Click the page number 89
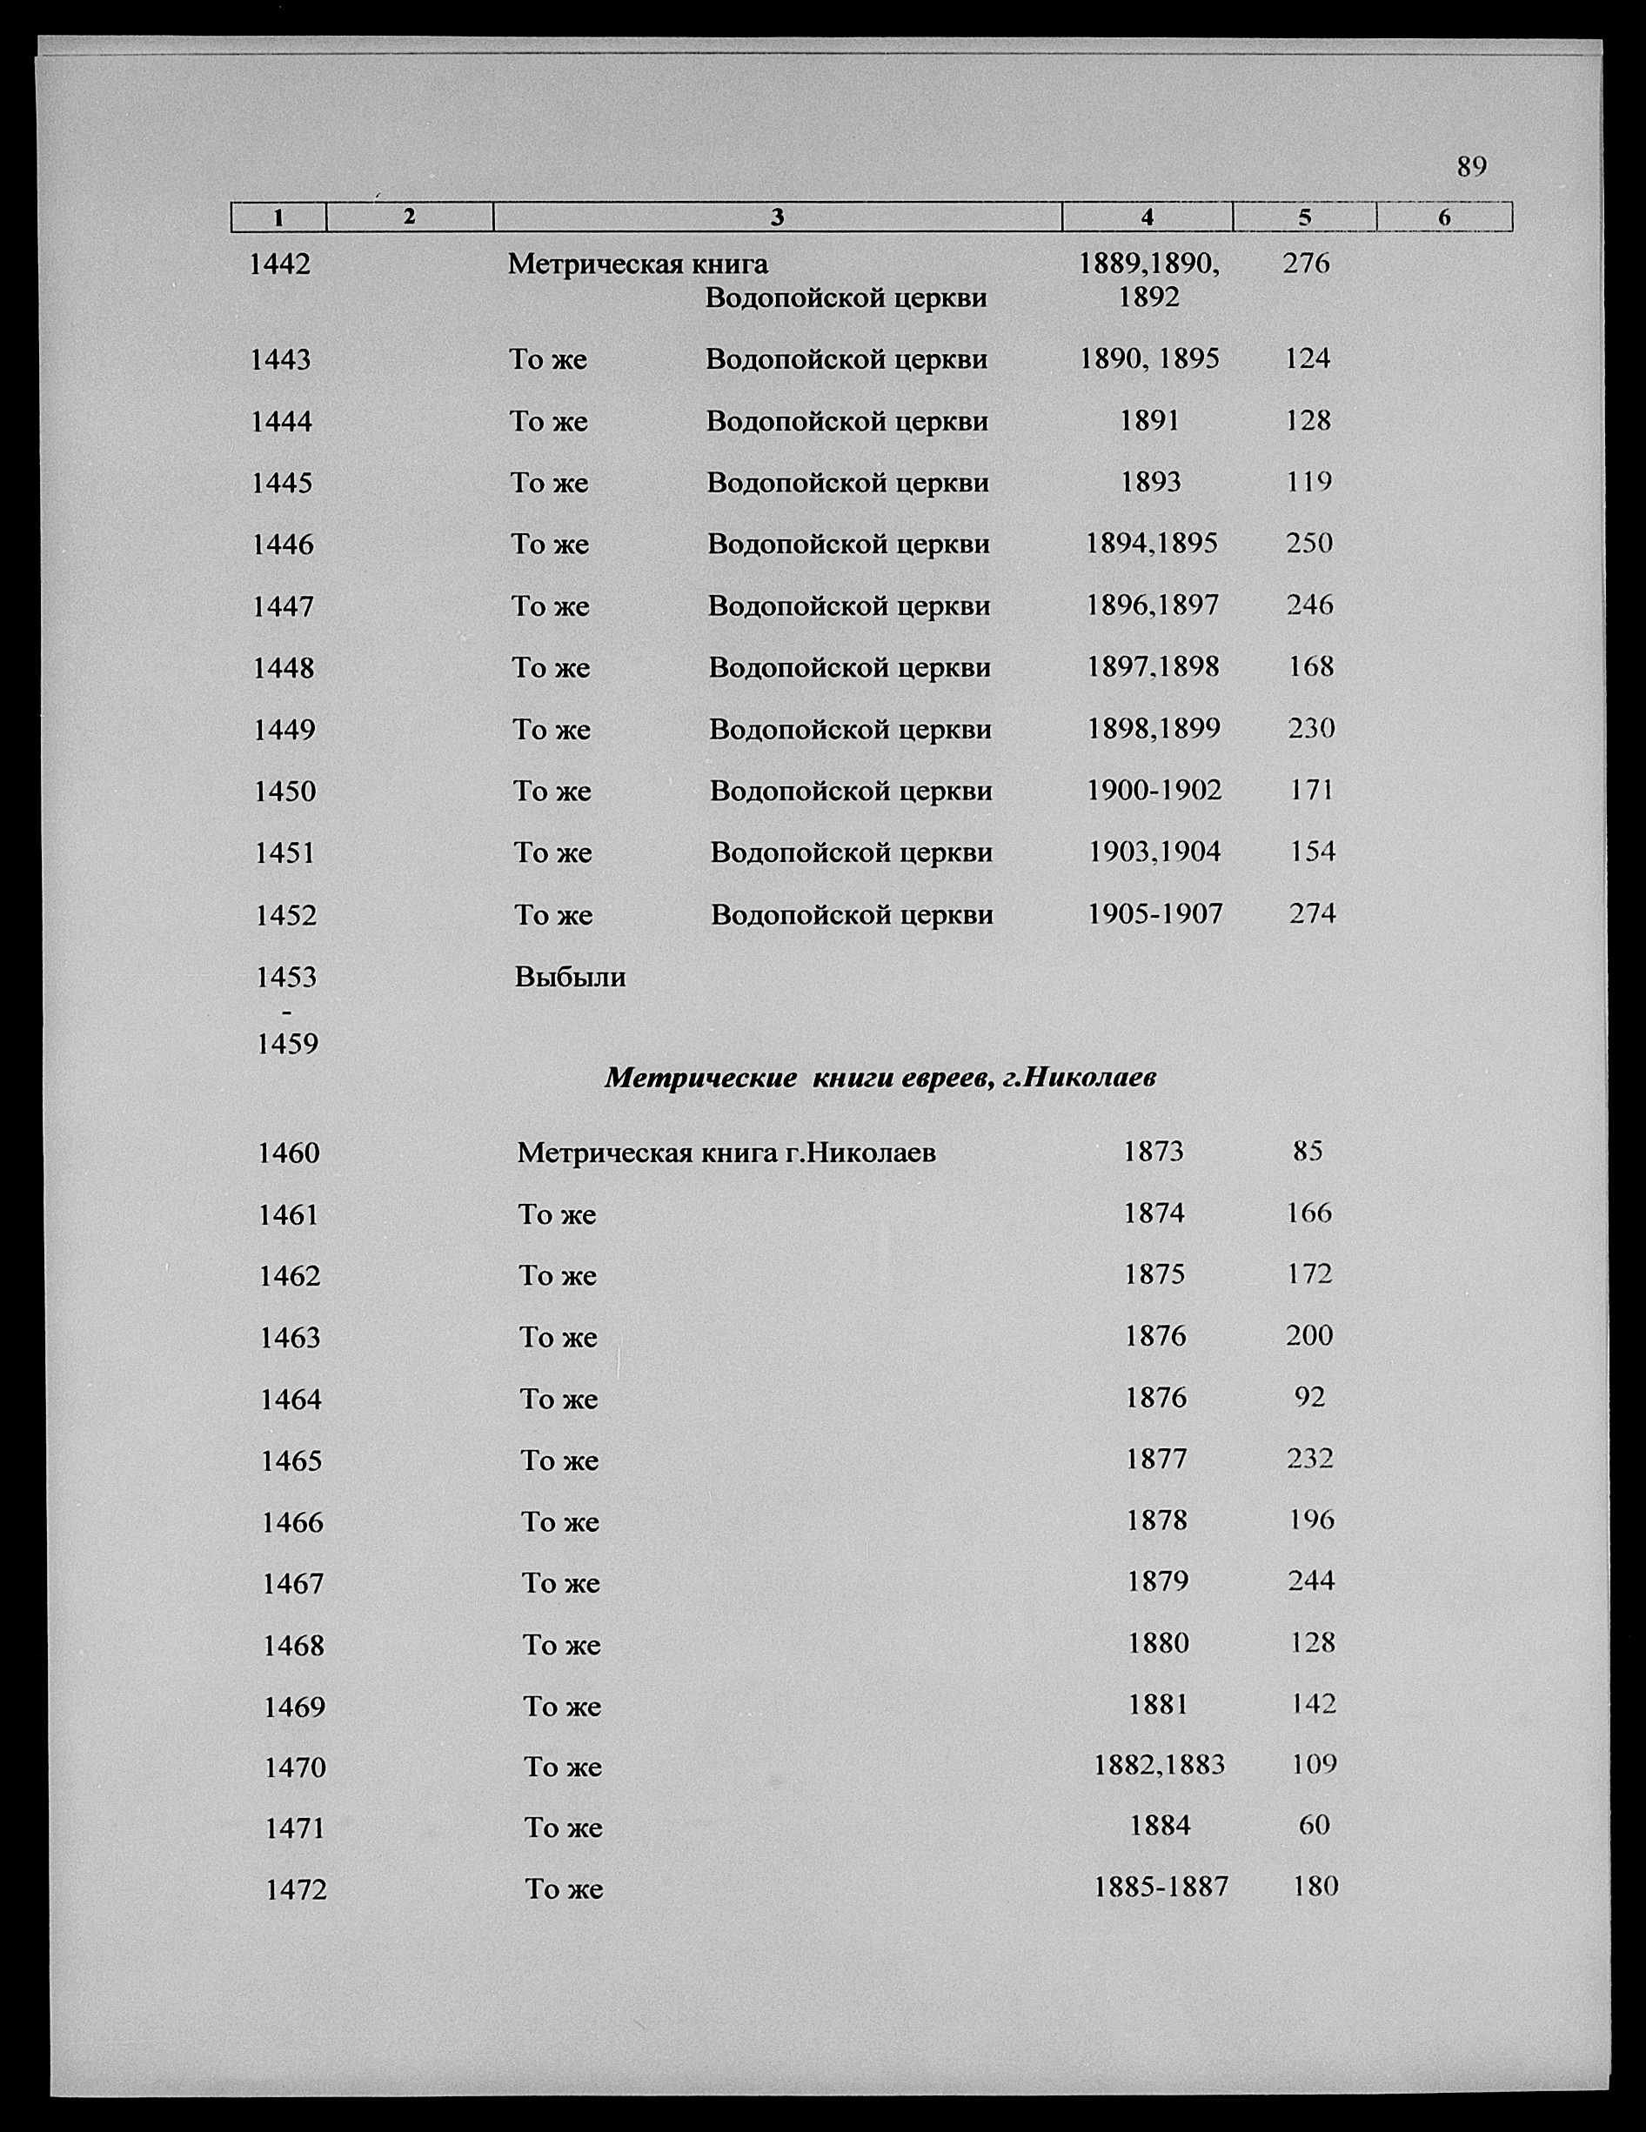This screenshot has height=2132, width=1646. coord(1471,167)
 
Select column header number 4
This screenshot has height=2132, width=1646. coord(1148,217)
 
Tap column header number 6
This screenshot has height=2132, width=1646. coord(1444,217)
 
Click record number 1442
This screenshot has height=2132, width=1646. coord(280,264)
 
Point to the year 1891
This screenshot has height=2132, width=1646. coord(1150,421)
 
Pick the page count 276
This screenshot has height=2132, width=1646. coord(1306,263)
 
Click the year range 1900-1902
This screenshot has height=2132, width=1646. coord(1154,790)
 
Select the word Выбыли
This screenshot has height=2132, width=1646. coord(570,977)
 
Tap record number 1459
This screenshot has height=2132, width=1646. coord(287,1045)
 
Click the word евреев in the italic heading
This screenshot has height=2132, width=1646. coord(940,1078)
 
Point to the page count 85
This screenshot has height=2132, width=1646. coord(1308,1152)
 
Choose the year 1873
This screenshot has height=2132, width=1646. coord(1153,1152)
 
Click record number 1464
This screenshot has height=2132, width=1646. coord(291,1400)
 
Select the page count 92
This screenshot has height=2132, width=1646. coord(1309,1398)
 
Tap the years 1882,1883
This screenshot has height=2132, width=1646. coord(1159,1765)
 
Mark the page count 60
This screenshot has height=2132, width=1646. coord(1314,1824)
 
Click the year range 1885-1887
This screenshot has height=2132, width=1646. coord(1161,1887)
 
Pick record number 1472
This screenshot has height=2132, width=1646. coord(297,1890)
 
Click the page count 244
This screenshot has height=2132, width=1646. coord(1311,1581)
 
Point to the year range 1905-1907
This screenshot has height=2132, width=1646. coord(1155,913)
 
